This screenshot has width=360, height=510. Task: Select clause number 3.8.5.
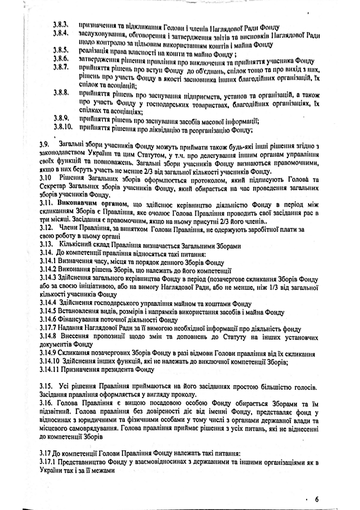click(x=60, y=50)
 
